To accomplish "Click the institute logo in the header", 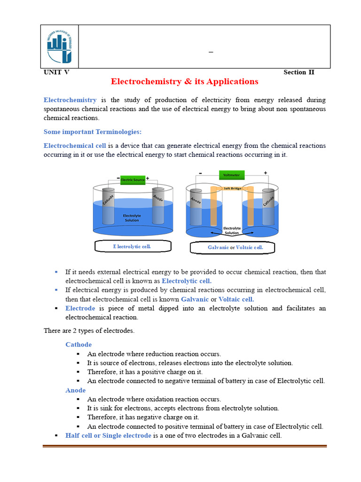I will (x=60, y=46).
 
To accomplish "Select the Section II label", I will (x=298, y=72).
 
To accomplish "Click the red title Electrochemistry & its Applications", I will (x=184, y=81).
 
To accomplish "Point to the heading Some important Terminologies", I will (x=86, y=132).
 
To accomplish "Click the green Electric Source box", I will (x=133, y=179).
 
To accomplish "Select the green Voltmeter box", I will (x=232, y=175).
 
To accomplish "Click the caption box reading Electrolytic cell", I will (x=133, y=247).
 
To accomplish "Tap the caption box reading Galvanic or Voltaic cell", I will (x=232, y=248).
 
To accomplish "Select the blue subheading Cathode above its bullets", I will (x=78, y=345).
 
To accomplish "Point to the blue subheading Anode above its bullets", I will (x=75, y=390).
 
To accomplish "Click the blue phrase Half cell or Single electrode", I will (x=108, y=435).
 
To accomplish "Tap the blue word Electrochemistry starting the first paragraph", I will (x=70, y=100).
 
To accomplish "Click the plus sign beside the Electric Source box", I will (x=148, y=178).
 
